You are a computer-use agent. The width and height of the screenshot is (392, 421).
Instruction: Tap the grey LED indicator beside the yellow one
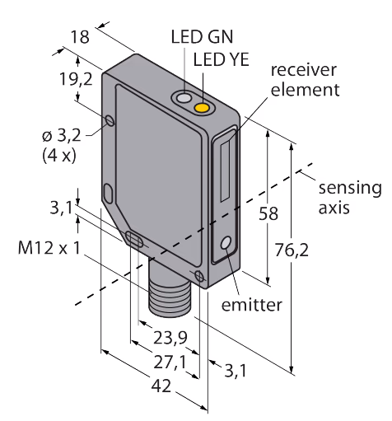pos(184,98)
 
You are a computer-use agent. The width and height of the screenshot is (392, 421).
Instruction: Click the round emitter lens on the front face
pos(226,243)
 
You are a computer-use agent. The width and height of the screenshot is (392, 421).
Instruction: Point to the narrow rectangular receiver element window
pos(225,172)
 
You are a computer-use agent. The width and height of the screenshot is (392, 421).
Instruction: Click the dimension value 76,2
pos(292,250)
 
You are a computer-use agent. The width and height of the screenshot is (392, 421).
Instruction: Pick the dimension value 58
pos(268,213)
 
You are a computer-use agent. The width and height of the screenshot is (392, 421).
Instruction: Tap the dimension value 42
pos(161,386)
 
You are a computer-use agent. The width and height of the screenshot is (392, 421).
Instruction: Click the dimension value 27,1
pos(170,362)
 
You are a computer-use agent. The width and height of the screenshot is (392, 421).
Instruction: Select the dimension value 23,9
pos(170,338)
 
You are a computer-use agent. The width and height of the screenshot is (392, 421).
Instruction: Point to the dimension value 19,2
pos(76,80)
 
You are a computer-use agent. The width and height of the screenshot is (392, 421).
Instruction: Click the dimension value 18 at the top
pos(80,37)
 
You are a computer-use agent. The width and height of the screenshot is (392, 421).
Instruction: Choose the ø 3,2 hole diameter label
pos(62,136)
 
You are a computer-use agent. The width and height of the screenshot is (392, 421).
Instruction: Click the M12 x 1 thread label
pos(49,248)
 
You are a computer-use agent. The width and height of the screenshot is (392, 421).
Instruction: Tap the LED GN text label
pos(202,36)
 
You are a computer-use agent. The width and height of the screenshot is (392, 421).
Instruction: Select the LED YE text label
pos(221,59)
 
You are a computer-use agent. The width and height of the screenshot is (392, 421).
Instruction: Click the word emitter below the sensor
pos(252,305)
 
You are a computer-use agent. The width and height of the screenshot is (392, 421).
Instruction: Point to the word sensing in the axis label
pos(350,189)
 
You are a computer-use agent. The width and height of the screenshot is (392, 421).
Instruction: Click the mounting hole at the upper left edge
pos(110,120)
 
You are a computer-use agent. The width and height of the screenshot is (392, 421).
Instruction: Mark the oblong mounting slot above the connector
pos(134,239)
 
